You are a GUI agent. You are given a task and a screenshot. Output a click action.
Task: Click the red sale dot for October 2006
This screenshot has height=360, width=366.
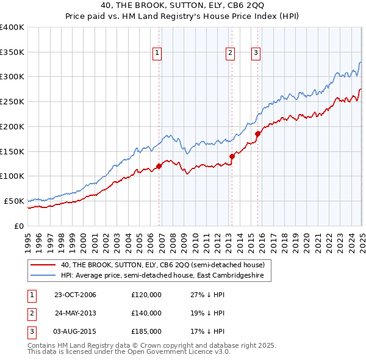coord(159,165)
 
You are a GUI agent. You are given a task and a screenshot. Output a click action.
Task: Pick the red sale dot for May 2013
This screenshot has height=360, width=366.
coord(232,156)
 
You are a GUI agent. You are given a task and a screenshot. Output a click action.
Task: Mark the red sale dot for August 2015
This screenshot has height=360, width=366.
coord(257,134)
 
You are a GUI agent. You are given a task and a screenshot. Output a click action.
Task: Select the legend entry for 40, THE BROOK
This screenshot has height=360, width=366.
coord(162,265)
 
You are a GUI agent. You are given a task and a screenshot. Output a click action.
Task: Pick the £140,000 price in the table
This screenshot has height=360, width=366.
coord(146,313)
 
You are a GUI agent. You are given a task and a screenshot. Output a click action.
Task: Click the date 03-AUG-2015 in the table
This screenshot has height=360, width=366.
coord(75,331)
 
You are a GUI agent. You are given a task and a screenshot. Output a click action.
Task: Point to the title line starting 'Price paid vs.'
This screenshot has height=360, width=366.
coord(183,15)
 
